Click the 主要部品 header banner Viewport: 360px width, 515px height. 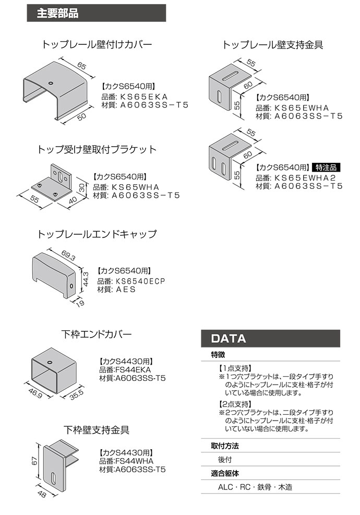pos(96,14)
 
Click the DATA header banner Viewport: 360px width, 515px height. pos(270,338)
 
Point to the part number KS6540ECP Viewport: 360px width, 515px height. pos(140,281)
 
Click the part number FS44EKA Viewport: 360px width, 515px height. pos(131,369)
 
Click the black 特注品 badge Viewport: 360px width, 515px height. pos(326,167)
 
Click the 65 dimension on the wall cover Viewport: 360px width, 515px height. pos(81,66)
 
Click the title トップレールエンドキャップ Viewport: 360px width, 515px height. pos(97,234)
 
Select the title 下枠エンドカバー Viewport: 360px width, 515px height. pos(97,333)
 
